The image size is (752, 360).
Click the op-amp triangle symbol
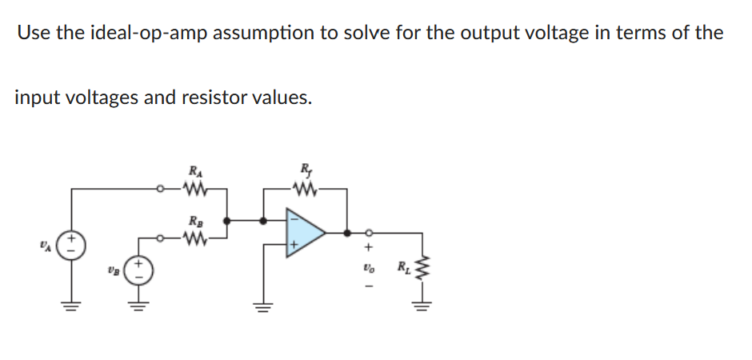pos(304,233)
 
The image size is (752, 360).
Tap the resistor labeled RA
pos(194,190)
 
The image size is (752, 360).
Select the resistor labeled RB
pos(194,237)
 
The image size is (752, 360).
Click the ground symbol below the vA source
pos(73,306)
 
